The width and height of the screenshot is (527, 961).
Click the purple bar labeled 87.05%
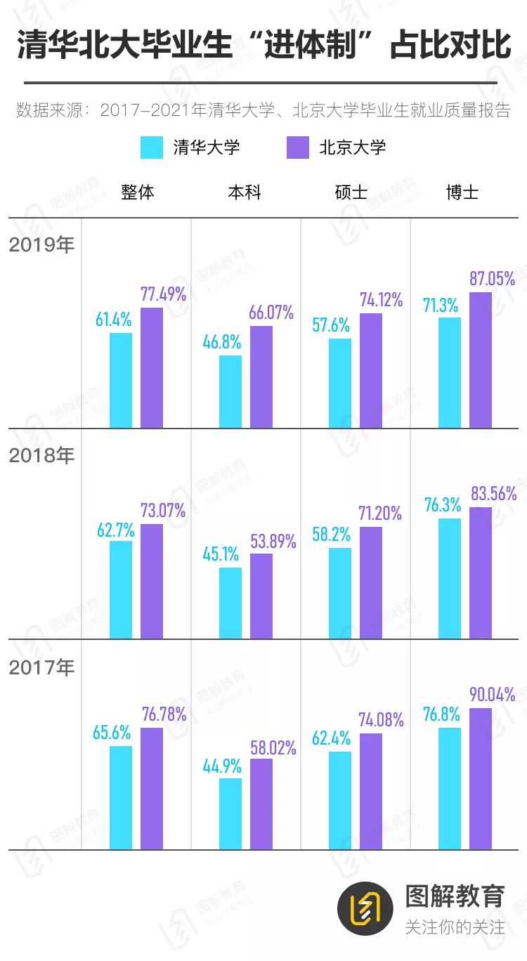481,360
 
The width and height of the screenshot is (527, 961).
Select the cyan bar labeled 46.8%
230,391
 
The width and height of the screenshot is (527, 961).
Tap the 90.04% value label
493,695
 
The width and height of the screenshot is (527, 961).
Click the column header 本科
245,192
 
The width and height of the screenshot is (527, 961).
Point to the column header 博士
462,192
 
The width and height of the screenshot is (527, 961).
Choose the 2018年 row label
41,455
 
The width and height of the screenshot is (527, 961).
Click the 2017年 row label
41,667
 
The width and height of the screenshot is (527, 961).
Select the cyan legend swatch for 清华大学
152,148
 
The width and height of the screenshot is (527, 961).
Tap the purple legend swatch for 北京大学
298,148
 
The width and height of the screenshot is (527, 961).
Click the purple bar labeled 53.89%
261,596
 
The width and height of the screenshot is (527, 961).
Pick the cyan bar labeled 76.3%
450,578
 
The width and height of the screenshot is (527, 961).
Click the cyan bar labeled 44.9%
230,813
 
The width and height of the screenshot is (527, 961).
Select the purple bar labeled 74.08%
371,791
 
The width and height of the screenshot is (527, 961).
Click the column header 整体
137,192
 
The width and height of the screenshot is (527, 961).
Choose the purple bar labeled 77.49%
152,367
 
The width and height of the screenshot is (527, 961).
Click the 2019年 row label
41,245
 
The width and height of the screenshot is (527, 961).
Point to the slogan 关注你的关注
455,927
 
